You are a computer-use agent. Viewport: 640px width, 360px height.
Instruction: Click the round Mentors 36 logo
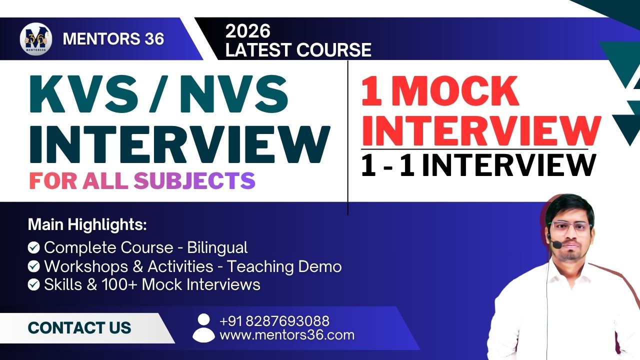36,39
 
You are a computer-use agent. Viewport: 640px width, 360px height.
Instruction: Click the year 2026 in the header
247,31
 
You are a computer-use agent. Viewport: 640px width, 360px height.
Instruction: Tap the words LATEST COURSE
298,49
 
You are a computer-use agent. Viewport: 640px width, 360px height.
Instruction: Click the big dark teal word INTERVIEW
180,144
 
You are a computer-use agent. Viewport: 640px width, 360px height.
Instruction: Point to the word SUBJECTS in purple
194,180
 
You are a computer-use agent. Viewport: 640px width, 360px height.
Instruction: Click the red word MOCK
455,91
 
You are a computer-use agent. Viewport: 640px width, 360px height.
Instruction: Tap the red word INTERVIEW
481,131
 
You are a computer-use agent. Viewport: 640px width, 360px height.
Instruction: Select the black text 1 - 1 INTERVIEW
478,165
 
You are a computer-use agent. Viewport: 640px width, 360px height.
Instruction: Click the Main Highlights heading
87,225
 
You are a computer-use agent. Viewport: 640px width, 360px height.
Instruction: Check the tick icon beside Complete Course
33,247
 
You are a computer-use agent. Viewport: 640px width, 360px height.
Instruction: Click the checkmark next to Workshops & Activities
33,266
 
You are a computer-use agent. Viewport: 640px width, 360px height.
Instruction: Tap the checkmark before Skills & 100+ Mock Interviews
33,285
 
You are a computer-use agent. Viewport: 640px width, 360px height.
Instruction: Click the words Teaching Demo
284,266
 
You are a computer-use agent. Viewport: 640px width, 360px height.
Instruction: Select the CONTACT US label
79,327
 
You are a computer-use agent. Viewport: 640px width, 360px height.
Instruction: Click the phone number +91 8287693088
274,321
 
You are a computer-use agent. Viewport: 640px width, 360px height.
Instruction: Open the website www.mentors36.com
287,335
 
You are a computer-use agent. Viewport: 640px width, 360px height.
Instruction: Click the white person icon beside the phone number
203,328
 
